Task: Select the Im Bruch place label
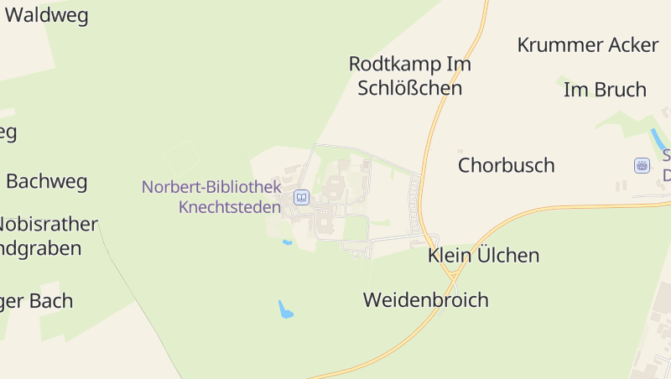pyautogui.click(x=605, y=90)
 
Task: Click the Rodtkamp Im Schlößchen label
pyautogui.click(x=409, y=75)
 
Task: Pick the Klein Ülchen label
pyautogui.click(x=483, y=256)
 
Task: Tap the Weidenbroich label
pyautogui.click(x=425, y=300)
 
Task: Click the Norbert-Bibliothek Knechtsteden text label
pyautogui.click(x=211, y=196)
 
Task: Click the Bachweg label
pyautogui.click(x=46, y=181)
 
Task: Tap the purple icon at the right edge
pyautogui.click(x=642, y=165)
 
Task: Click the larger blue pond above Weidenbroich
pyautogui.click(x=286, y=309)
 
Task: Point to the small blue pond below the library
pyautogui.click(x=287, y=242)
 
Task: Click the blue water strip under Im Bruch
pyautogui.click(x=658, y=139)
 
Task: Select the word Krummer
pyautogui.click(x=557, y=44)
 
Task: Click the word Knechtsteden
pyautogui.click(x=230, y=206)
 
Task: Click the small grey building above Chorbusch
pyautogui.click(x=460, y=151)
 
